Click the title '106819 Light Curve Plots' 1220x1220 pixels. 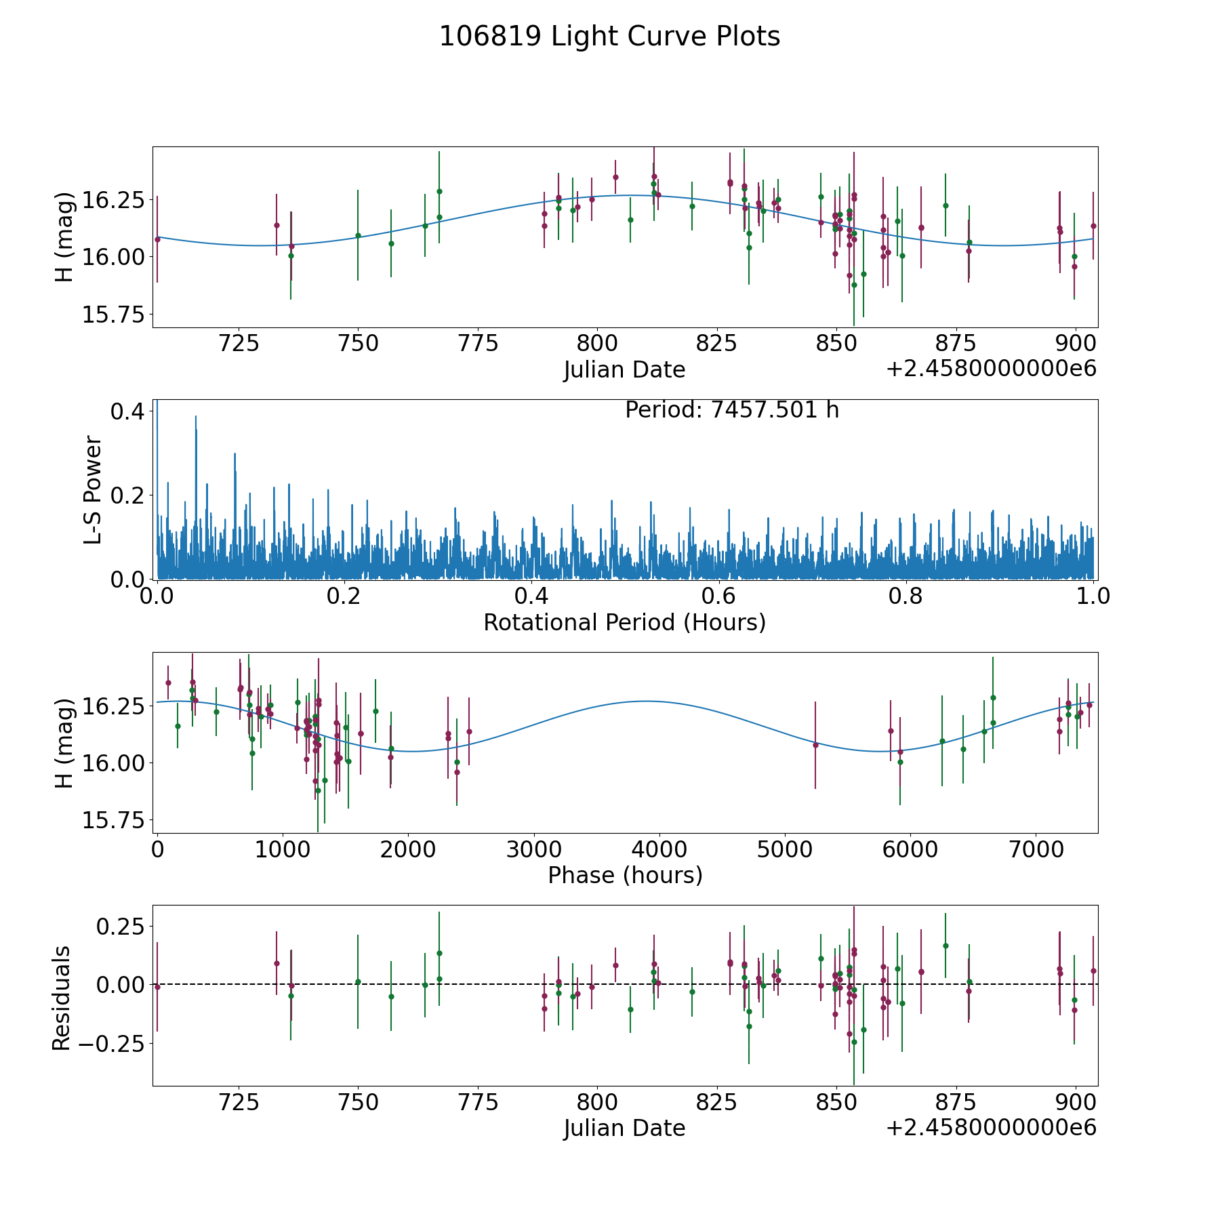coord(609,37)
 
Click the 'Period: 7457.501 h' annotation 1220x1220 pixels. coord(732,410)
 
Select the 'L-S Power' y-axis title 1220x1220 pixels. coord(94,489)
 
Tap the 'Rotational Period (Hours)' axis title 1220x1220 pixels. coord(624,622)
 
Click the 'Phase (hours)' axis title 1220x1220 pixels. coord(624,876)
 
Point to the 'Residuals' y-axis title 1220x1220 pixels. coord(62,998)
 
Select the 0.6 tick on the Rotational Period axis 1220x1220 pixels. coord(718,597)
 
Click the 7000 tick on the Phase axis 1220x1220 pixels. coord(1035,850)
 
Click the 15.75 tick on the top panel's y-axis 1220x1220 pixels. coord(113,314)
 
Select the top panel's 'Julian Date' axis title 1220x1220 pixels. coord(624,370)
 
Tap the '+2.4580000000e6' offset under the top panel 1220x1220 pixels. coord(991,369)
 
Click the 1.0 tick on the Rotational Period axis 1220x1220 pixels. coord(1093,597)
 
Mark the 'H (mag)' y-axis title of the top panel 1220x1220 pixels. coord(64,237)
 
